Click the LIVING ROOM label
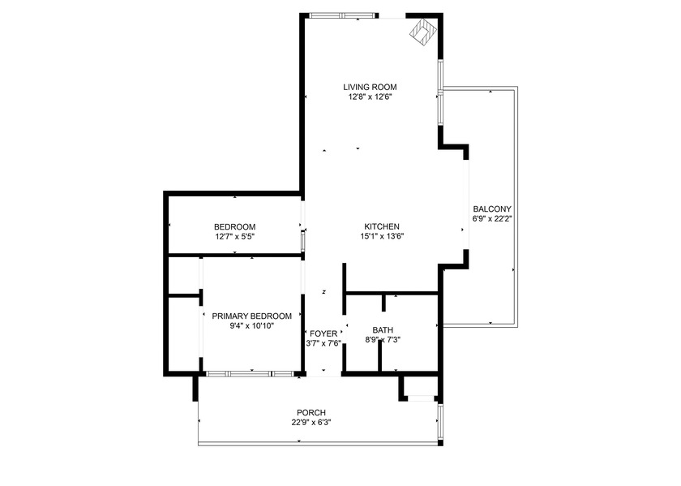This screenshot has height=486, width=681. point(370,87)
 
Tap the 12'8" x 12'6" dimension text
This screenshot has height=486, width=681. point(370,97)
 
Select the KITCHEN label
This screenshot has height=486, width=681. point(381,226)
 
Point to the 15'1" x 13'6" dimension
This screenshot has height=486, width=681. point(381,237)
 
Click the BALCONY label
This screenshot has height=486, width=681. point(492,208)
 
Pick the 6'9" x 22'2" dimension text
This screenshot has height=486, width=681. point(492,218)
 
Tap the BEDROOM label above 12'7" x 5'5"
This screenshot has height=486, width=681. point(234,226)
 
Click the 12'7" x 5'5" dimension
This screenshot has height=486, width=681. point(234,237)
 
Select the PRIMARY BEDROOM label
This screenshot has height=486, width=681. point(251,316)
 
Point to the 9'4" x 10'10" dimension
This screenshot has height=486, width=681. point(251,326)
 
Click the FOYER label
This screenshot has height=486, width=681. point(323,333)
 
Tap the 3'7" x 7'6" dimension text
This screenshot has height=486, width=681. point(323,344)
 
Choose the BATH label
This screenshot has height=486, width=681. point(383,329)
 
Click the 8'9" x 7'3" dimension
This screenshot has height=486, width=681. point(383,340)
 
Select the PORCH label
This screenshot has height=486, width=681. point(311,412)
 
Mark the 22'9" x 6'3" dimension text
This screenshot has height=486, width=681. point(311,423)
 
